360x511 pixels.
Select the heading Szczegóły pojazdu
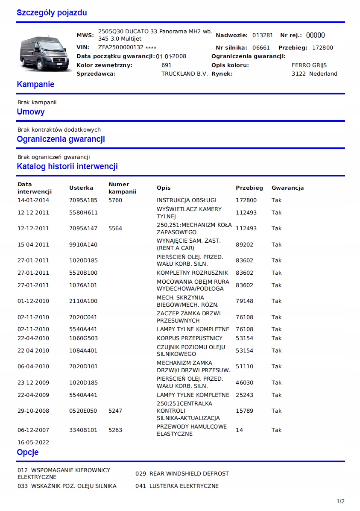52,13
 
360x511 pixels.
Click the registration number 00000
316,35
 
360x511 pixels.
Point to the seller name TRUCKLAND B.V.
184,74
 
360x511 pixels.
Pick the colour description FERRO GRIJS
309,65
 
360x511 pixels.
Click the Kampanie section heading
35,85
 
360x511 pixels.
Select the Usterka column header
81,188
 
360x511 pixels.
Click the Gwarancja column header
287,188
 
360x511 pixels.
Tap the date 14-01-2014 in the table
33,200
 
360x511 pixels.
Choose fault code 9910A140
83,245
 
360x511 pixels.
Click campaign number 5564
115,229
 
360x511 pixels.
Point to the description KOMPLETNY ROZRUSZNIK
193,273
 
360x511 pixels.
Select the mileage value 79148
244,301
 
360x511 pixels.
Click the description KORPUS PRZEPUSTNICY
190,338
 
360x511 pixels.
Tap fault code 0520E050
83,411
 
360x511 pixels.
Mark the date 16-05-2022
33,443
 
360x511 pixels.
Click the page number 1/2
340,501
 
